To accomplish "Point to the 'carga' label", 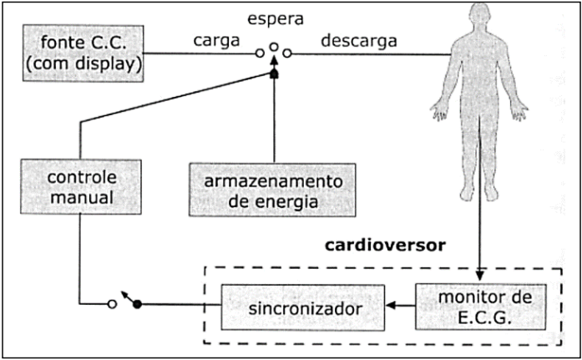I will pos(216,40).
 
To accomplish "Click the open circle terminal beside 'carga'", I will pos(261,53).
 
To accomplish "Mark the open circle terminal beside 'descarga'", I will pos(286,53).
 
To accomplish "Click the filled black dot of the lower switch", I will pos(139,305).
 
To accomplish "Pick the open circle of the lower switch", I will pos(112,305).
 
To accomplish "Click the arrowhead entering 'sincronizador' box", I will pos(390,305).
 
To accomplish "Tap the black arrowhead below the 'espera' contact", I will pos(273,74).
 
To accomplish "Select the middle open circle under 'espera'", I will pos(273,48).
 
